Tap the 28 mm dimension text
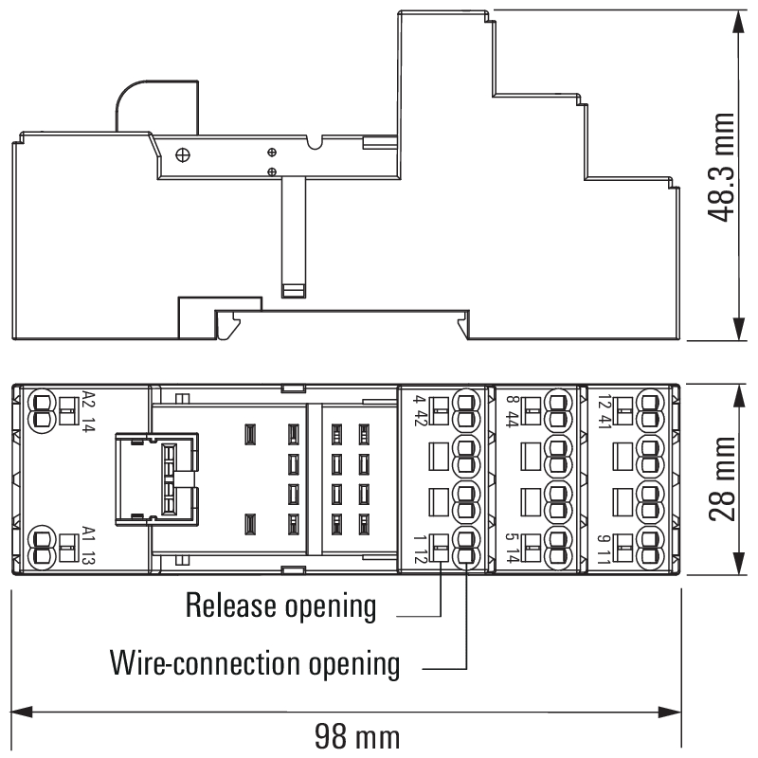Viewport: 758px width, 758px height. pos(723,479)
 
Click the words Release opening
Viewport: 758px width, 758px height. pos(281,605)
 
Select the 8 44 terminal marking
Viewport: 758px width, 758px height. pos(513,410)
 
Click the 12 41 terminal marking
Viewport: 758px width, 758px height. pos(604,410)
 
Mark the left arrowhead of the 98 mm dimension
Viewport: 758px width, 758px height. pos(21,710)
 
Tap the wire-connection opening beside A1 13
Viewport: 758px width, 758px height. pos(42,547)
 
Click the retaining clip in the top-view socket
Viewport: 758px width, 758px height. pos(158,478)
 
